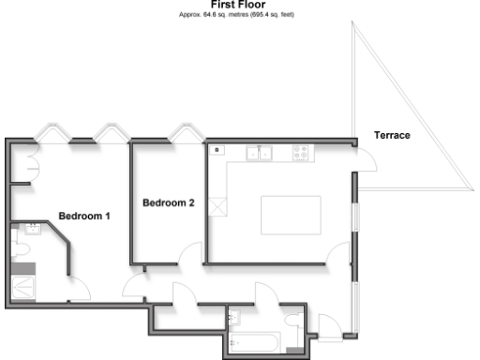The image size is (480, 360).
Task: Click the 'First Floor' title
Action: click(x=238, y=5)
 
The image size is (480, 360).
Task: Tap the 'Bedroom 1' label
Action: click(x=84, y=217)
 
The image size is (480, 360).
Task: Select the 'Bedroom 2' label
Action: click(x=168, y=202)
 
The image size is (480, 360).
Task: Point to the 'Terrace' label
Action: click(x=392, y=136)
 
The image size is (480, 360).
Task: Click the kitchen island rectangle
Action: click(x=291, y=217)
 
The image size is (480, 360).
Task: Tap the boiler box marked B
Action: click(x=217, y=149)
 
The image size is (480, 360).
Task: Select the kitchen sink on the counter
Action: click(x=259, y=151)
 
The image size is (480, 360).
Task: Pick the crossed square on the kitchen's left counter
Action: click(x=219, y=206)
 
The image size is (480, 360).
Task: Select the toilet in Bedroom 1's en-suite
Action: click(x=22, y=249)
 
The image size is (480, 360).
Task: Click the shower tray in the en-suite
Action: click(x=22, y=282)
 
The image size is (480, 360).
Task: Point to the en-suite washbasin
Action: click(x=31, y=228)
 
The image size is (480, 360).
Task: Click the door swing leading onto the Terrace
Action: click(x=367, y=158)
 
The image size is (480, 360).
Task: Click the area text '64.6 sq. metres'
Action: click(x=215, y=14)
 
